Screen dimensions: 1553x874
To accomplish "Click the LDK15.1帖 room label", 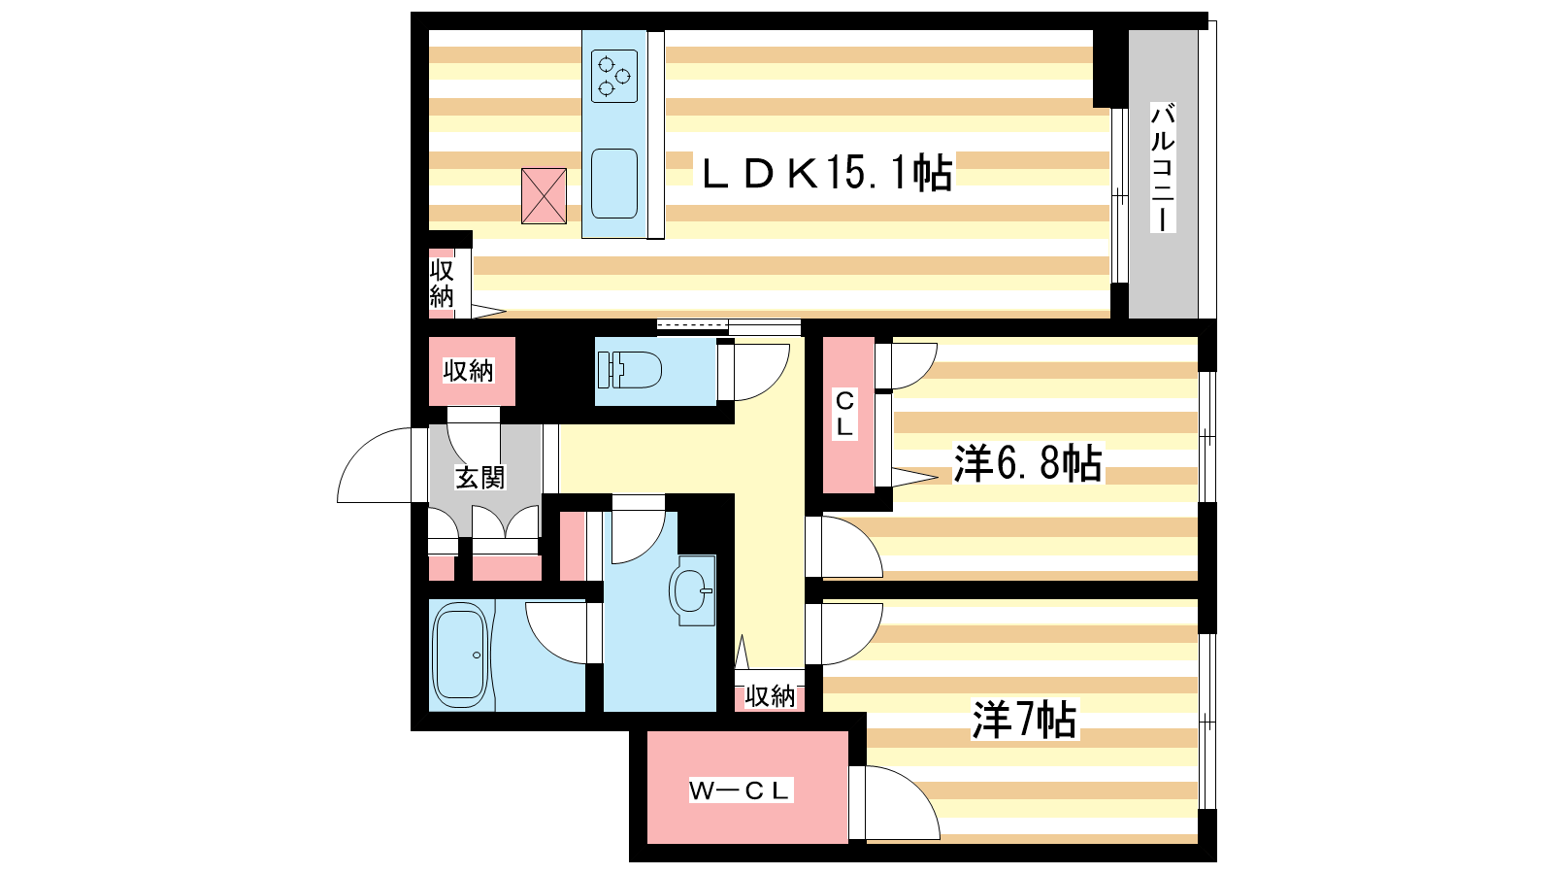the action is point(828,173).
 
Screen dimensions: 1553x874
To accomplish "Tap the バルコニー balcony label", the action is point(1163,168).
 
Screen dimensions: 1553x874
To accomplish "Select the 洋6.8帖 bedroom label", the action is point(1028,462).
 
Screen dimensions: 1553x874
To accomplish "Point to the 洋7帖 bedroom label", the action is point(1024,720).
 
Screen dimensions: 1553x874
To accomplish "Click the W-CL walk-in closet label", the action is point(740,790).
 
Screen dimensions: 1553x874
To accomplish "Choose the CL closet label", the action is point(844,414).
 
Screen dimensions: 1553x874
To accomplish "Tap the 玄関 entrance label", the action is point(479,477).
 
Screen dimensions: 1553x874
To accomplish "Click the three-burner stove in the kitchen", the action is point(614,76).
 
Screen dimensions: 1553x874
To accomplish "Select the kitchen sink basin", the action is point(614,184).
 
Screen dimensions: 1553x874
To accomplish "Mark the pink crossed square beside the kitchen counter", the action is point(544,195).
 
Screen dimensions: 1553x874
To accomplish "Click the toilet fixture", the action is point(630,370).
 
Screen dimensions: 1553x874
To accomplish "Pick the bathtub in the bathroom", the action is point(460,655).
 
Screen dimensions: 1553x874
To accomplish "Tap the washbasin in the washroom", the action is point(693,590).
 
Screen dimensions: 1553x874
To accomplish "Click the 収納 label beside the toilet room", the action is point(469,371).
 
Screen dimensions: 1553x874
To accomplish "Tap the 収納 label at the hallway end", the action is point(770,695).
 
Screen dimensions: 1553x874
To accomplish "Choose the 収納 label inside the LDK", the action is point(441,283).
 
